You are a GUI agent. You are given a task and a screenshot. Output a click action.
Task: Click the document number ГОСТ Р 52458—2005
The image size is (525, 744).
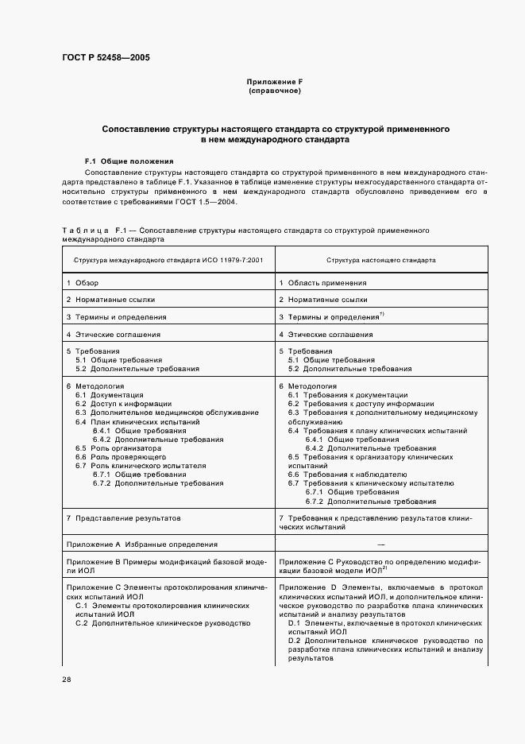click(x=105, y=58)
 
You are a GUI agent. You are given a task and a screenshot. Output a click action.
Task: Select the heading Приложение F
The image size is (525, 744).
click(x=274, y=83)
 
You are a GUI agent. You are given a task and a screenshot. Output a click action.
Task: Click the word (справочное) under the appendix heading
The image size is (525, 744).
click(x=274, y=91)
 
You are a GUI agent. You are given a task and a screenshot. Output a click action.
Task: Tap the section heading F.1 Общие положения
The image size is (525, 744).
click(x=129, y=161)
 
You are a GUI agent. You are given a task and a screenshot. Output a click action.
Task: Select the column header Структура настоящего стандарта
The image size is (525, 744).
click(x=380, y=260)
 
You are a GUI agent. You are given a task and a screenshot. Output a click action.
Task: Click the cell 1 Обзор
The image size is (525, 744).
click(x=83, y=283)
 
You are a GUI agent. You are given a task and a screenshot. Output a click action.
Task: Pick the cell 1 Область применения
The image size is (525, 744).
click(x=322, y=283)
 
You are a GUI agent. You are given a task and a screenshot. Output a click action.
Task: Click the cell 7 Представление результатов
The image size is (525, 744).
click(x=123, y=517)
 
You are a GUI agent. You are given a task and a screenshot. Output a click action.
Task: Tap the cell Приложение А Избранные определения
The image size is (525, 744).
click(x=141, y=544)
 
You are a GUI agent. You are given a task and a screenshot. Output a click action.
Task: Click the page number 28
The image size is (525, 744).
click(x=66, y=680)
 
